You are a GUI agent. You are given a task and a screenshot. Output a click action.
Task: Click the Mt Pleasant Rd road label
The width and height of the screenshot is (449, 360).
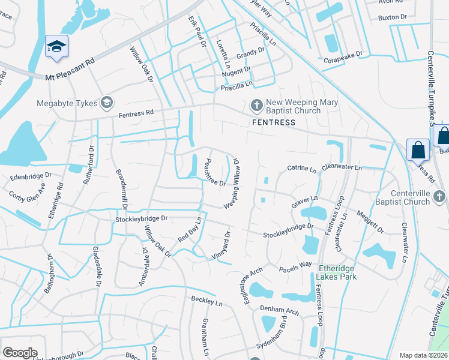71,69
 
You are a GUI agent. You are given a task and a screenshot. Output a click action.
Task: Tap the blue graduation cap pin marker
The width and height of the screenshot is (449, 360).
57,47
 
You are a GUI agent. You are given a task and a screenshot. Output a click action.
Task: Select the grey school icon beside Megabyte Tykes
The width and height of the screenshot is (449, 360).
107,103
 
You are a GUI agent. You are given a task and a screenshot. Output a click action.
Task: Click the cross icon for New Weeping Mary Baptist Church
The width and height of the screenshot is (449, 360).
256,106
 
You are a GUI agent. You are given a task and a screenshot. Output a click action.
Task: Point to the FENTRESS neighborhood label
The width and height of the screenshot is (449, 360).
273,122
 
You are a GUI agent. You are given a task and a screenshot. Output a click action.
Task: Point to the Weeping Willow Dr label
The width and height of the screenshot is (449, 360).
235,184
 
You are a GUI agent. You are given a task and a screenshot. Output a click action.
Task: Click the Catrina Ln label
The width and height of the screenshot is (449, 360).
301,170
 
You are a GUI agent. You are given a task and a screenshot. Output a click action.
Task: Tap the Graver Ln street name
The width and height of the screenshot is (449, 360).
304,201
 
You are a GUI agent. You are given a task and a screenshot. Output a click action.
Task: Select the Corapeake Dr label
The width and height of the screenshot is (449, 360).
344,54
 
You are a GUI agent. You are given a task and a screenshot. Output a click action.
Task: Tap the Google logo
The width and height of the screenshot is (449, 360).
20,353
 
